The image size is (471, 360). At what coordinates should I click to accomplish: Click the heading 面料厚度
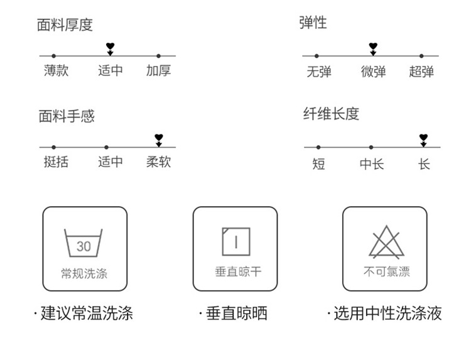pyautogui.click(x=65, y=25)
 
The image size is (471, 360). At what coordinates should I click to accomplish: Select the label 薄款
pyautogui.click(x=56, y=70)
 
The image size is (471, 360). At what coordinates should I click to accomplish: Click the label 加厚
pyautogui.click(x=159, y=70)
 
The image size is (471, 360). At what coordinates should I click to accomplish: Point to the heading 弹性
pyautogui.click(x=313, y=23)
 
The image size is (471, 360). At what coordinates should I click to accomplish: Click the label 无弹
pyautogui.click(x=319, y=72)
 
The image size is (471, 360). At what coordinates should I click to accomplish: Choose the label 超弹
pyautogui.click(x=421, y=72)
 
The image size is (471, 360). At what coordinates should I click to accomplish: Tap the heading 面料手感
pyautogui.click(x=67, y=116)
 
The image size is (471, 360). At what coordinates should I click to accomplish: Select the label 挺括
pyautogui.click(x=56, y=162)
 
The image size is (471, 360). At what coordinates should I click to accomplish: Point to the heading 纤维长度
pyautogui.click(x=331, y=114)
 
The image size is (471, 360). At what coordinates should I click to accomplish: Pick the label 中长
pyautogui.click(x=372, y=164)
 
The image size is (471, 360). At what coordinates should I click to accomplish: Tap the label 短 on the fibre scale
pyautogui.click(x=318, y=164)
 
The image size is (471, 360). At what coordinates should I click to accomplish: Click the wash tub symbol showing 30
pyautogui.click(x=83, y=243)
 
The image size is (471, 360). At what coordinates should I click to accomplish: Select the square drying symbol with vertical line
pyautogui.click(x=236, y=242)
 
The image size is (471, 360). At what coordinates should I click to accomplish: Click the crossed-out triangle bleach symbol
pyautogui.click(x=387, y=242)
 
